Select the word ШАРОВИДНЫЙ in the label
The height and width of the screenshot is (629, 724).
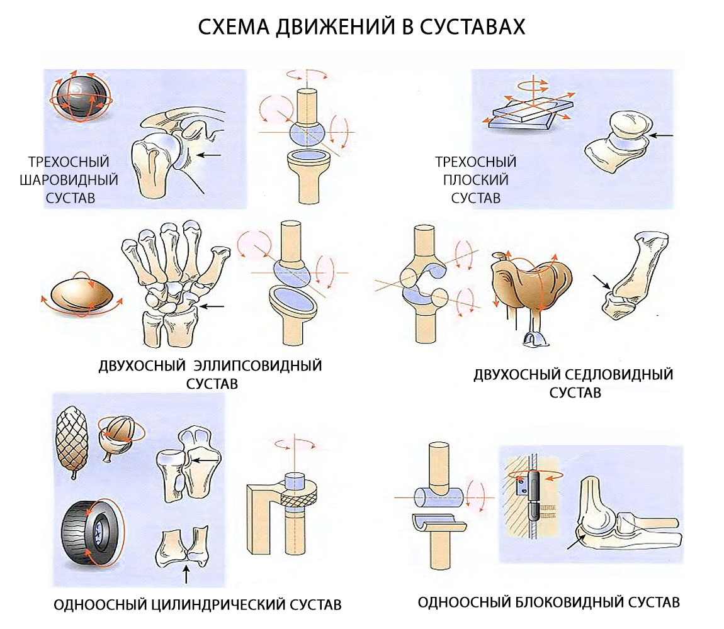(x=69, y=180)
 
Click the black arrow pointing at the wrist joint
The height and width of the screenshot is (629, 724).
(x=215, y=306)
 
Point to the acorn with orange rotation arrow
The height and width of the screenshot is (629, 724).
(x=118, y=434)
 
